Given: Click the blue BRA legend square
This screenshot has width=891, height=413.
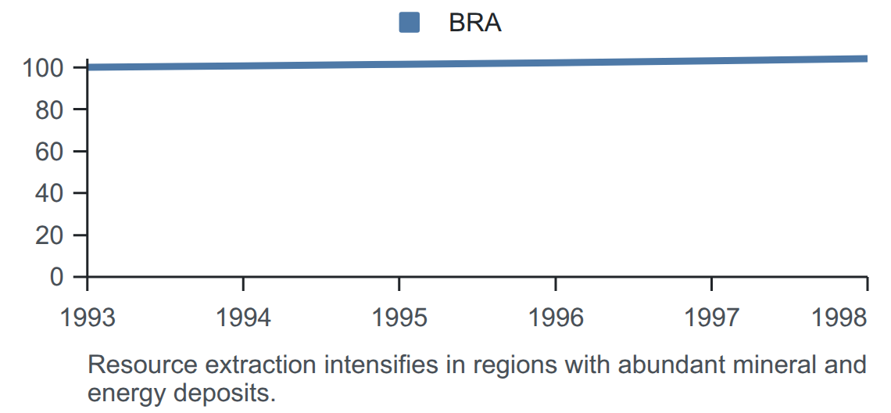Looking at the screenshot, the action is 409,22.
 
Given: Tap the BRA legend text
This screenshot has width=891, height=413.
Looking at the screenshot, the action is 475,23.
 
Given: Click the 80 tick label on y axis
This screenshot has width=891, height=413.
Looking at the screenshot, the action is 48,110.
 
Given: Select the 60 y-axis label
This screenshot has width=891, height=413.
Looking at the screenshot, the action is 48,152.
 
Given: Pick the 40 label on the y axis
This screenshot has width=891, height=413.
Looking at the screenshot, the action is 48,193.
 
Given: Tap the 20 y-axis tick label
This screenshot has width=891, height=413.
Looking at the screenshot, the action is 48,235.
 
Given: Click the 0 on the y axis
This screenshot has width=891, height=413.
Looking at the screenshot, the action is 55,277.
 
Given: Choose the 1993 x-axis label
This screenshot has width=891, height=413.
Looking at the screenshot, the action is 88,318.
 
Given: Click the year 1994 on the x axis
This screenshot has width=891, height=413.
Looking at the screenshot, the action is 243,318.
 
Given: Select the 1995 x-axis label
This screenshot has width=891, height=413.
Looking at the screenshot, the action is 399,318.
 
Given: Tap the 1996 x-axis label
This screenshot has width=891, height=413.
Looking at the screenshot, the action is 556,318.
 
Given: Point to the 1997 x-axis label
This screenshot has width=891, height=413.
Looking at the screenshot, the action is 711,318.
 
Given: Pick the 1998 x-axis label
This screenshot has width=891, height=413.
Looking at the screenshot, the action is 839,318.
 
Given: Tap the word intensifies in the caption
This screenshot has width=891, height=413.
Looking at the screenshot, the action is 381,365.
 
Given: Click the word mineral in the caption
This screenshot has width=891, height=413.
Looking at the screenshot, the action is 778,365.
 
